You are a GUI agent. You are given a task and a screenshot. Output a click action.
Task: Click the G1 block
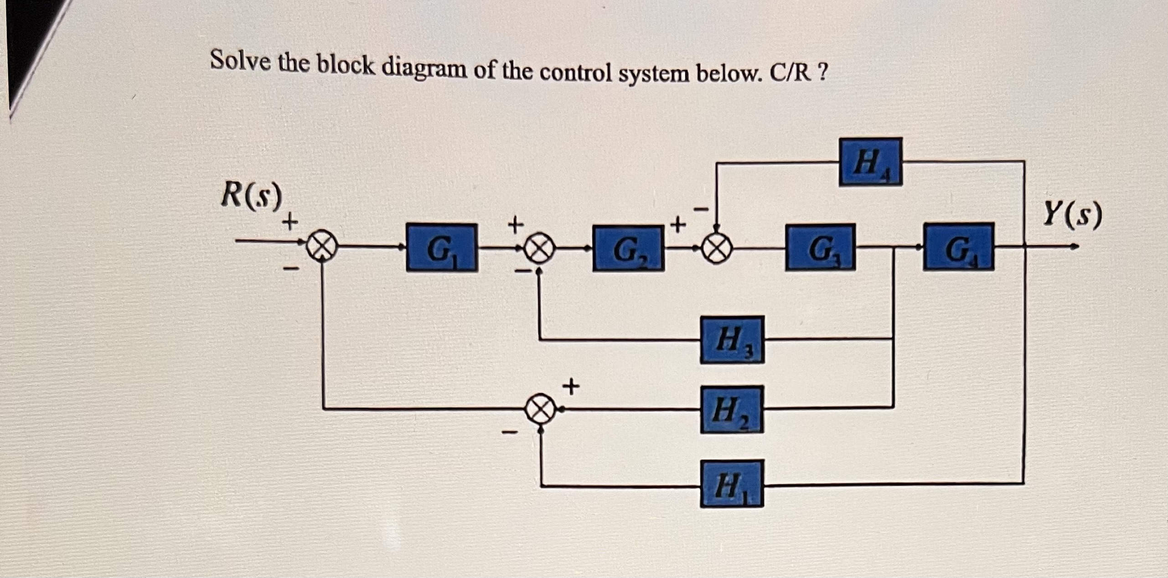[441, 248]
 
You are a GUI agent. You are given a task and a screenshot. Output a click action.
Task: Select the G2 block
[628, 249]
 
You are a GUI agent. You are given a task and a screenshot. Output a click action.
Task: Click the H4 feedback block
[870, 162]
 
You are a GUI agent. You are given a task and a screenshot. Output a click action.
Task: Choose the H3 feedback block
[732, 339]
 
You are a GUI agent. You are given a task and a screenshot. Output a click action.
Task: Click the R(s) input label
[251, 196]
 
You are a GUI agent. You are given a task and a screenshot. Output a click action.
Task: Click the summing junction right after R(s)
[322, 249]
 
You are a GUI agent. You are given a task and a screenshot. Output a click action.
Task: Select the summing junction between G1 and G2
[539, 250]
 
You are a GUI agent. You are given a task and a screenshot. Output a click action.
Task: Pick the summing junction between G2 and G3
[717, 249]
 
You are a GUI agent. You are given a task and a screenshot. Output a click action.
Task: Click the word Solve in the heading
[239, 62]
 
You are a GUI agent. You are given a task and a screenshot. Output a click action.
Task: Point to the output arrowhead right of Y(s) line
[1075, 247]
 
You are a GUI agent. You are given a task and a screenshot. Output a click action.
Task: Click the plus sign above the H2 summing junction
[570, 388]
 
